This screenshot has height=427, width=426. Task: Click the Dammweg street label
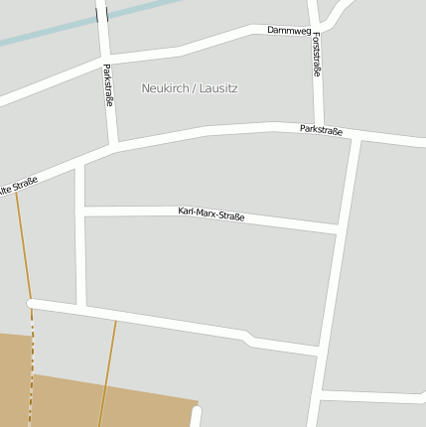coord(288,30)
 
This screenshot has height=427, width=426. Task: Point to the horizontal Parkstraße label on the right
coord(321,130)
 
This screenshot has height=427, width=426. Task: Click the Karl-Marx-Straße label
coord(212,213)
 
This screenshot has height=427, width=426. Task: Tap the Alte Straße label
coord(18,186)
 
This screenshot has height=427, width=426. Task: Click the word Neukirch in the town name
coord(165,88)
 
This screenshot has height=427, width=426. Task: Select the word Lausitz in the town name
coord(217,88)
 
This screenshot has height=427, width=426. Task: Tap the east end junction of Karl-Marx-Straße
coord(340,227)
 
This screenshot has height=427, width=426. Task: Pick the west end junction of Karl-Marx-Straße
coord(80,211)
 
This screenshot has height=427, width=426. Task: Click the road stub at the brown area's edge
coord(196,416)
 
